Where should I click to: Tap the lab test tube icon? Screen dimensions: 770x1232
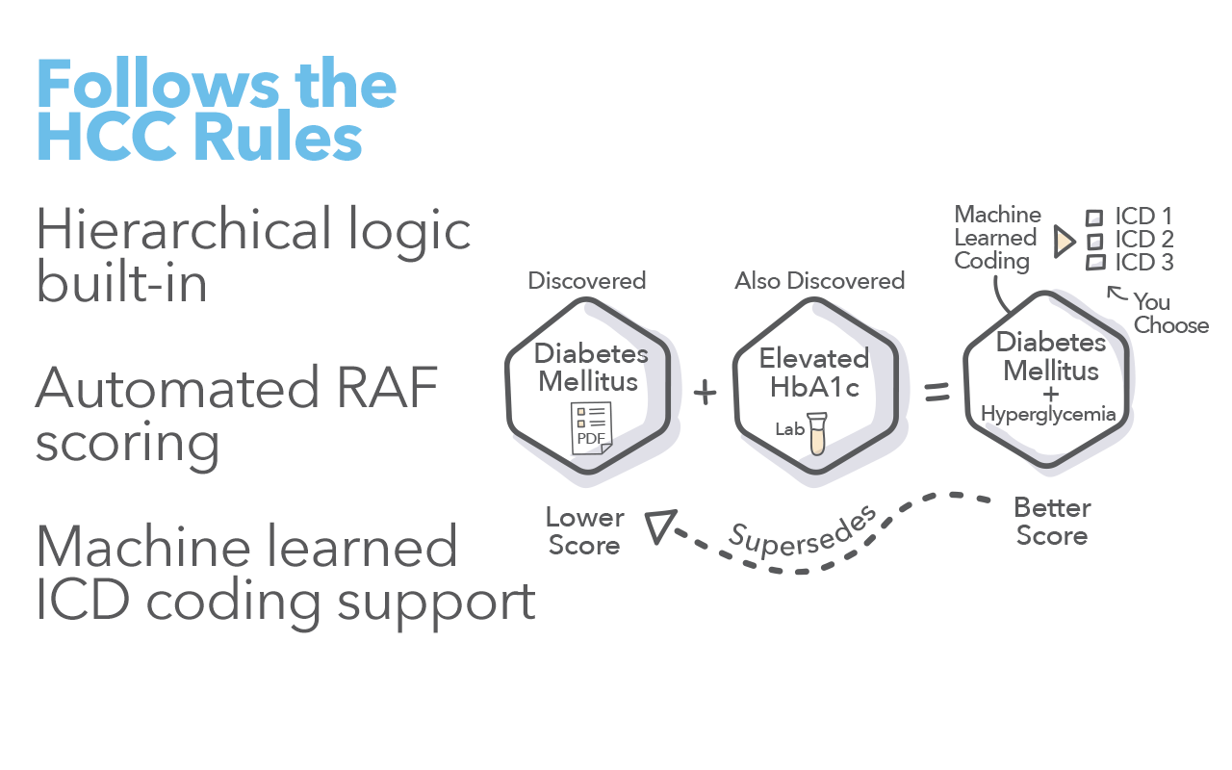click(x=817, y=433)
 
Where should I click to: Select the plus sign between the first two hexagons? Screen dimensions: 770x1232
click(x=706, y=393)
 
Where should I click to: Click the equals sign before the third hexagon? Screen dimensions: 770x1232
click(x=937, y=393)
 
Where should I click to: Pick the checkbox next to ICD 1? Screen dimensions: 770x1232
click(x=1094, y=218)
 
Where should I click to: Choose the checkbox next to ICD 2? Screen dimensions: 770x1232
click(x=1094, y=240)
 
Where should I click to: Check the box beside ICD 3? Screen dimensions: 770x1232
click(x=1094, y=262)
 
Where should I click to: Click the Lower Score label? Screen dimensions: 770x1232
click(x=584, y=531)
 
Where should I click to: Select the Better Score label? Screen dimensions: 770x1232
click(x=1052, y=522)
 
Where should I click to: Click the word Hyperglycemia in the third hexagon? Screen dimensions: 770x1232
click(x=1048, y=415)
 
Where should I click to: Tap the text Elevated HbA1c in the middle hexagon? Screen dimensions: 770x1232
click(x=814, y=372)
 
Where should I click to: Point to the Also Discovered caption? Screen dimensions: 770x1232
click(x=820, y=281)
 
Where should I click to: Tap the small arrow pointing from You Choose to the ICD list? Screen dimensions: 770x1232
click(x=1116, y=291)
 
